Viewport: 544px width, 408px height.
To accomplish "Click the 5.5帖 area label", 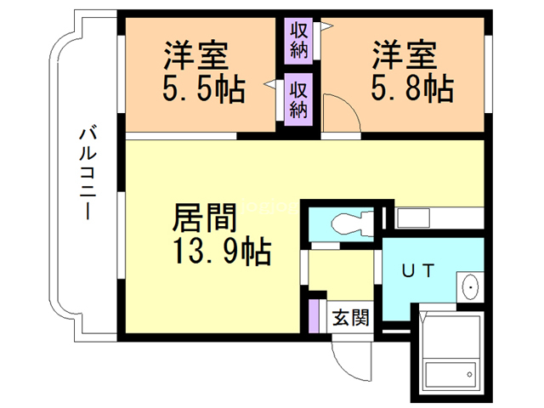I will coord(204,89).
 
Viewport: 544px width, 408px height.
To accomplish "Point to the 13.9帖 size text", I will coord(224,251).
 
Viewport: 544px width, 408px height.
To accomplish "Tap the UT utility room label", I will coord(418,271).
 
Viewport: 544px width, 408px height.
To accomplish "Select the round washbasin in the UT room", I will coord(468,288).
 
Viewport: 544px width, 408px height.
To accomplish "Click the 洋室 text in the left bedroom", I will coord(197,57).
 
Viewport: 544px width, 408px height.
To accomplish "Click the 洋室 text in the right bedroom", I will coord(404,57).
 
